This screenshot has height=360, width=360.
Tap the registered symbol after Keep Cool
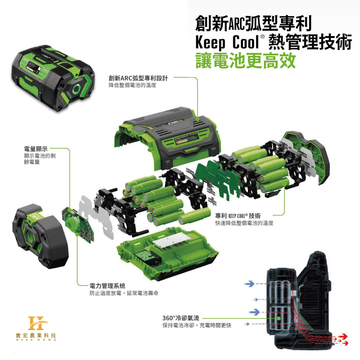coord(262,37)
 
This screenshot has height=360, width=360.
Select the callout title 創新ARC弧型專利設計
coord(138,78)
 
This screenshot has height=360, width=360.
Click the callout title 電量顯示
coord(36,149)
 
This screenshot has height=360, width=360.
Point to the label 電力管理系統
coord(107,286)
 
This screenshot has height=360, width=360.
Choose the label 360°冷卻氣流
coord(181,318)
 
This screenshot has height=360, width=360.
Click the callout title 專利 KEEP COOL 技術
coord(238,216)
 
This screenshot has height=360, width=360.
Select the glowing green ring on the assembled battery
coord(76,89)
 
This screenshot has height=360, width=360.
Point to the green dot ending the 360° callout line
coord(279,318)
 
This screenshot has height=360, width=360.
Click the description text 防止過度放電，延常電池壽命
coord(124,293)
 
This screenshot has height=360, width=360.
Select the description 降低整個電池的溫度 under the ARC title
coord(133,85)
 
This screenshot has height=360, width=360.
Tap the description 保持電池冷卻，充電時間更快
coord(197,325)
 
